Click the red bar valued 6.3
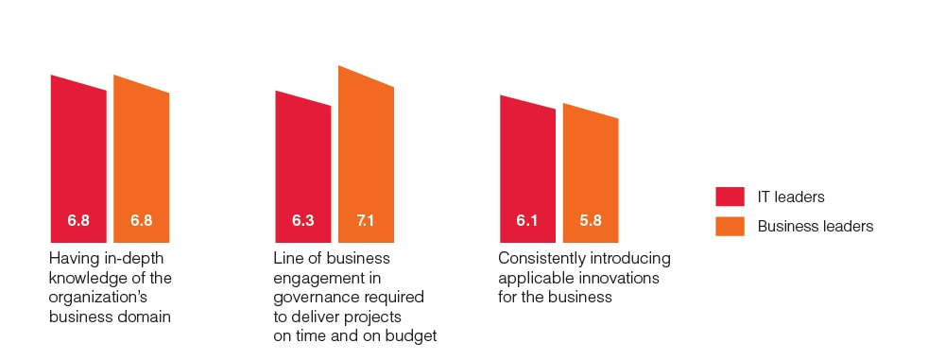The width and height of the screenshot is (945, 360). coord(303,169)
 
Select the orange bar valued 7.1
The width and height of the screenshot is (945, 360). coord(366,157)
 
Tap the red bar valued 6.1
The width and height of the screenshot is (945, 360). coord(527,172)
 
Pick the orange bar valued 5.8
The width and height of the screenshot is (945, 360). coord(591,175)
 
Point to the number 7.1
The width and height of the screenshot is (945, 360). coord(365,220)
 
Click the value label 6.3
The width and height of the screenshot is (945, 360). coord(303,220)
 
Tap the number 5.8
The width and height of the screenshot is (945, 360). coord(591,220)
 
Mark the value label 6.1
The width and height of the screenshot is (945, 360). coord(526,220)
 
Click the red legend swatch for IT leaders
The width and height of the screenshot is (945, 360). coord(730,197)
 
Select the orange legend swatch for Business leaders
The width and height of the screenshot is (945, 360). coord(730,226)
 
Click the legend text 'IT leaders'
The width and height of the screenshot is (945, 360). coord(791,197)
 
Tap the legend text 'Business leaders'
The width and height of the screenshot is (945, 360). coord(816,226)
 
